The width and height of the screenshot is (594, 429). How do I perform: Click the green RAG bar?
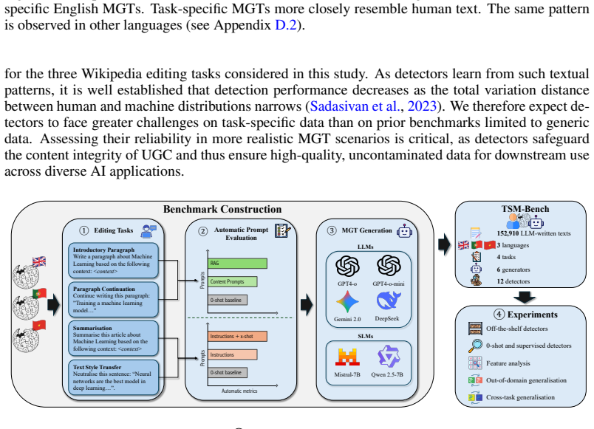point(237,263)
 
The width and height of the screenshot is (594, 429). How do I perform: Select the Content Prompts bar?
point(233,282)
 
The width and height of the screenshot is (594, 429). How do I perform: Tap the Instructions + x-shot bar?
point(237,336)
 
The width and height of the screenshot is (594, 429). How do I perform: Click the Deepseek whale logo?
point(389,301)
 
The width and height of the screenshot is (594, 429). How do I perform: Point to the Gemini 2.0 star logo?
point(347,302)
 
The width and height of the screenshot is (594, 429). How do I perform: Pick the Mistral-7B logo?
point(347,357)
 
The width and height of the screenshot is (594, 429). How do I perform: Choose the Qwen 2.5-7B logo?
point(389,357)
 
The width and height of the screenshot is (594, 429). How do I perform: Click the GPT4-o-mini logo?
point(389,266)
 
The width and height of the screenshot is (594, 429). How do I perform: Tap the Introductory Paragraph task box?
point(113,261)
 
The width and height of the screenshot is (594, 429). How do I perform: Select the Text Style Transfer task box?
point(113,377)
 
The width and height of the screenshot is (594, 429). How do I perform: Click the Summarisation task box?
point(113,338)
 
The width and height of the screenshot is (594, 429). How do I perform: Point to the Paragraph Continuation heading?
point(103,289)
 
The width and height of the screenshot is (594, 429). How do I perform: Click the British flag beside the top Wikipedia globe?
point(39,261)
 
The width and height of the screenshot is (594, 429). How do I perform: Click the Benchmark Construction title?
point(222,210)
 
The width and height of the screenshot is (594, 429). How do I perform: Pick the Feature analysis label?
point(508,363)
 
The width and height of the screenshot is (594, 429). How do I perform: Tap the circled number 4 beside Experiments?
point(499,315)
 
